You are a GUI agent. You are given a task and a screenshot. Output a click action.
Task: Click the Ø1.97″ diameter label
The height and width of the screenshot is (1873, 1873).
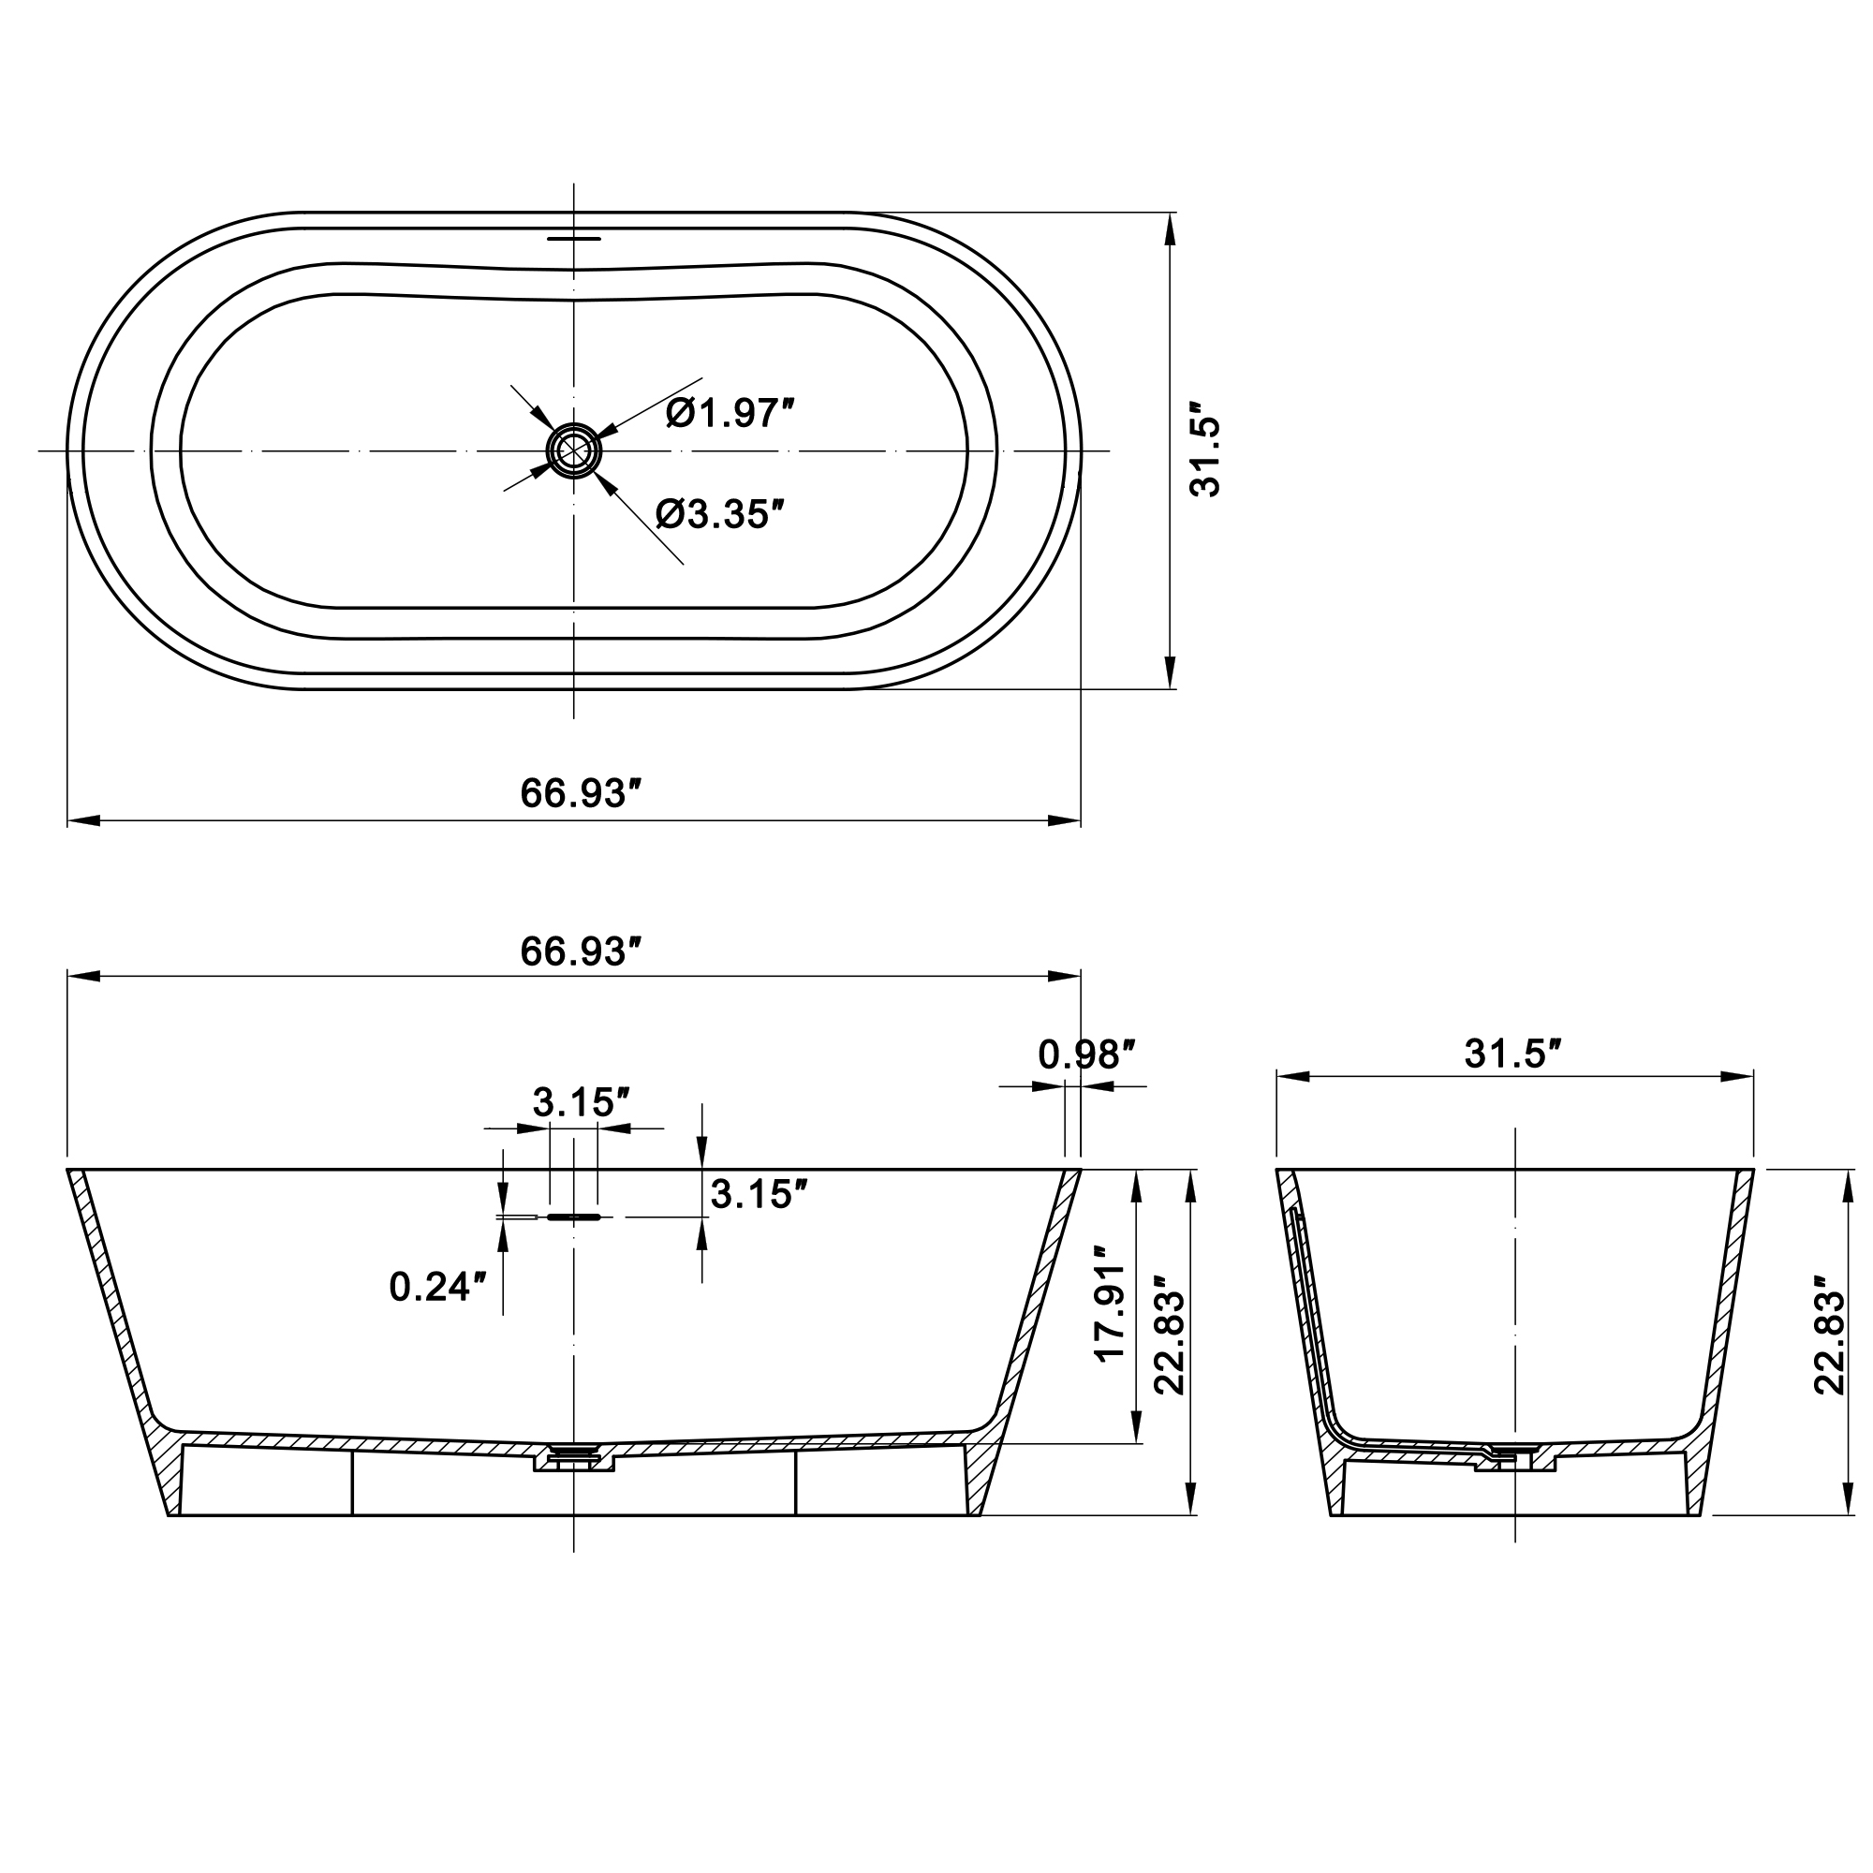click(x=730, y=414)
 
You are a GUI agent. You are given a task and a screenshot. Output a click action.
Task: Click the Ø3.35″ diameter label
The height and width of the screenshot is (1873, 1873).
click(x=718, y=514)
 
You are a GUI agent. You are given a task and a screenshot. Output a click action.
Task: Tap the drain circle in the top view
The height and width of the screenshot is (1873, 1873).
click(x=574, y=450)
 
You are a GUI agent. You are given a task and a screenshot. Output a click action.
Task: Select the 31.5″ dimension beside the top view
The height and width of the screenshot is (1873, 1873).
click(x=1206, y=450)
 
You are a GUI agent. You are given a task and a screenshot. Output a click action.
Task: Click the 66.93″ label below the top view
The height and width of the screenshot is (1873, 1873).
click(x=582, y=794)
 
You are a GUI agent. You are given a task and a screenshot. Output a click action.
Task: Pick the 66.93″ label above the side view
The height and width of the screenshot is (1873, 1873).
click(x=582, y=952)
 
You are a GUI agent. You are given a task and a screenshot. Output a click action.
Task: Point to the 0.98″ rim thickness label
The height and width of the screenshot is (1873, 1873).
click(x=1085, y=1054)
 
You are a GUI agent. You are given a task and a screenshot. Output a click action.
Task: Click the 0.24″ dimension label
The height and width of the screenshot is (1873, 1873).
click(x=436, y=1288)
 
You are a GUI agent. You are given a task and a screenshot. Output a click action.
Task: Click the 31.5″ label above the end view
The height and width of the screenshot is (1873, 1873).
click(x=1512, y=1054)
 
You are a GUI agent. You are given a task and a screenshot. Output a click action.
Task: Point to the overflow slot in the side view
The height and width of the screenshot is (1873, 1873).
click(x=574, y=1217)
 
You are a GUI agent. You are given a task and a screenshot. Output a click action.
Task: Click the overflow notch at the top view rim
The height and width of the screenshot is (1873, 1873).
click(x=574, y=237)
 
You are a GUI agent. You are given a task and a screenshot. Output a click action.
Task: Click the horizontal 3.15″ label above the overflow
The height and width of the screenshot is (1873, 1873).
click(x=581, y=1102)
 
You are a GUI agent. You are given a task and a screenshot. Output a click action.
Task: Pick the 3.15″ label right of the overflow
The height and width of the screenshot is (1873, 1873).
click(x=760, y=1195)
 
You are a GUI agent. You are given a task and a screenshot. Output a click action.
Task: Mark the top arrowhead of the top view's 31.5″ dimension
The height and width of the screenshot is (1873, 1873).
click(x=1170, y=229)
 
